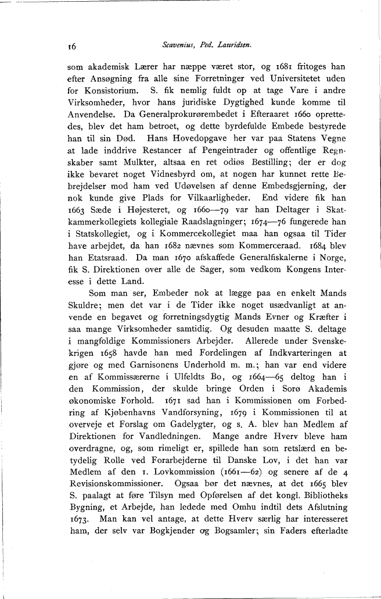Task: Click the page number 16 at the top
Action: [73, 45]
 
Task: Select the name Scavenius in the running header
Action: [176, 44]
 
